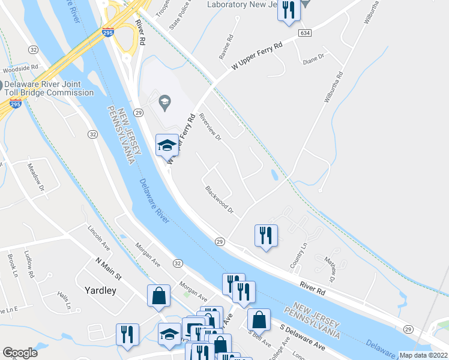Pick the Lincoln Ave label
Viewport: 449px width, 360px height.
tap(99, 238)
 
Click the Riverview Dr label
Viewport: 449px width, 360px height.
tap(210, 128)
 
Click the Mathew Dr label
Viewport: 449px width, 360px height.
tap(330, 268)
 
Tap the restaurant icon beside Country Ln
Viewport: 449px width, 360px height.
tap(266, 235)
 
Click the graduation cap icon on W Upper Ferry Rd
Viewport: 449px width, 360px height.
tap(167, 145)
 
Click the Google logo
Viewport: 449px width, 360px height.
tap(19, 353)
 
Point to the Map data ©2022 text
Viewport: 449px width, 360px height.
tap(424, 355)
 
